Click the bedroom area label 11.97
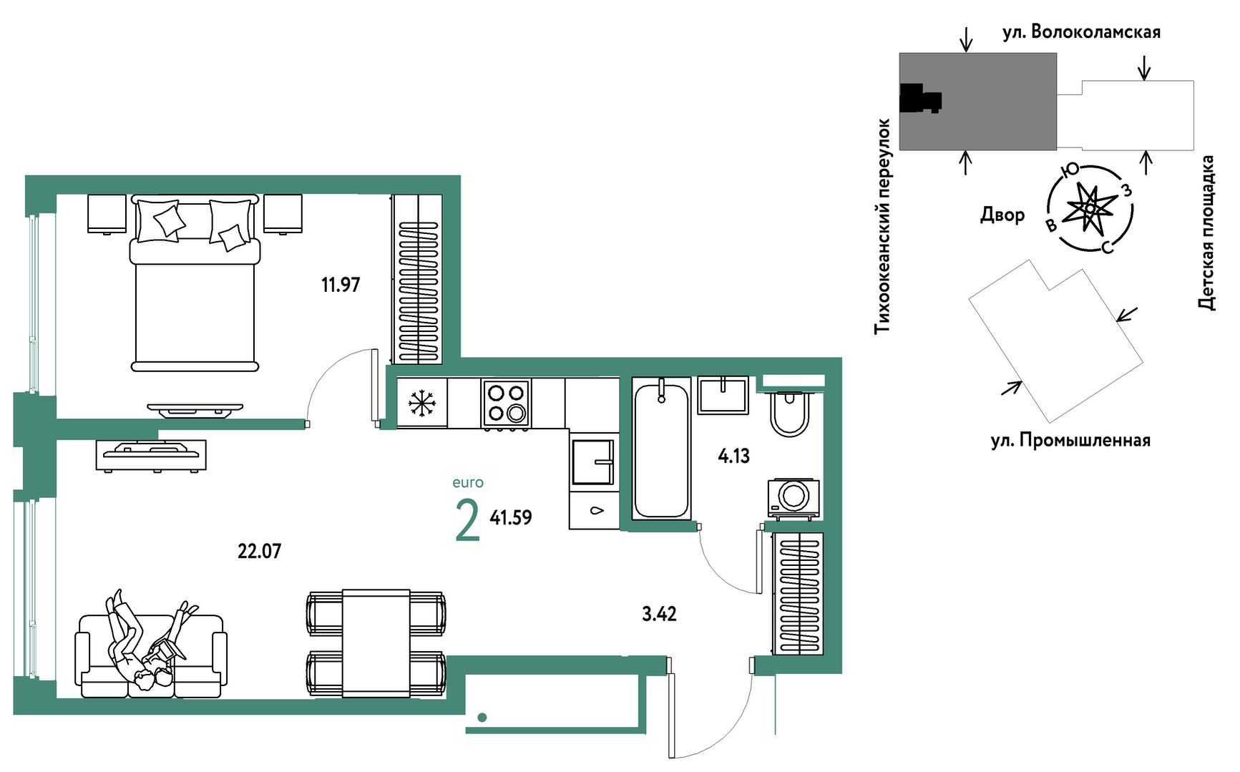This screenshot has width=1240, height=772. [341, 285]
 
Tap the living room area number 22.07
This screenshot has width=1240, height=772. [259, 551]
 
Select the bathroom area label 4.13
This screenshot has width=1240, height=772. [734, 456]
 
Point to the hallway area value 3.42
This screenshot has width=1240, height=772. [659, 614]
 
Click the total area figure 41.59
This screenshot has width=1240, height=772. [511, 517]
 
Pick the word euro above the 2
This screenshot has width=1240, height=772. [468, 483]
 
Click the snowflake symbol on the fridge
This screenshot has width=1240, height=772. [422, 404]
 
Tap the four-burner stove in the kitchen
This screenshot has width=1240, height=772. [507, 403]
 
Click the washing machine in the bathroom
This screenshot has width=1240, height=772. [794, 497]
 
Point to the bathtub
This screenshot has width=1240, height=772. [662, 449]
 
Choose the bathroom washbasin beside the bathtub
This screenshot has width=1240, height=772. [723, 396]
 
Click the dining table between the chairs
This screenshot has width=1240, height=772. [376, 643]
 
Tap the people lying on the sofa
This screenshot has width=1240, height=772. [147, 640]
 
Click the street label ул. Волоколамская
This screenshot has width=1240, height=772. [1081, 32]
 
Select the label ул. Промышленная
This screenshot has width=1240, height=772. [1070, 440]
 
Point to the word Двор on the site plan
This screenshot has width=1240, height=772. [1002, 215]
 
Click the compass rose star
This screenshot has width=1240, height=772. [1090, 208]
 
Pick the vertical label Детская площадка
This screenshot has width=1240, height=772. [1207, 233]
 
